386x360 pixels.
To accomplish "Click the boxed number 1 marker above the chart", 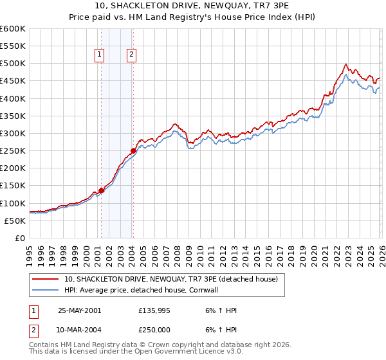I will point(100,55).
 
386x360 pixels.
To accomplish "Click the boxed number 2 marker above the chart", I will point(131,55).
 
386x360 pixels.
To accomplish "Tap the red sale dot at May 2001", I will point(101,190).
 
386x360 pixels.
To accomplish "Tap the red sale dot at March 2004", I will point(133,151).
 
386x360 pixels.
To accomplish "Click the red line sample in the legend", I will point(46,280).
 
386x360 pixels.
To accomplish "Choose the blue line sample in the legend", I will point(46,290).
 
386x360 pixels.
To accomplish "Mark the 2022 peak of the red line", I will point(346,64).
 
